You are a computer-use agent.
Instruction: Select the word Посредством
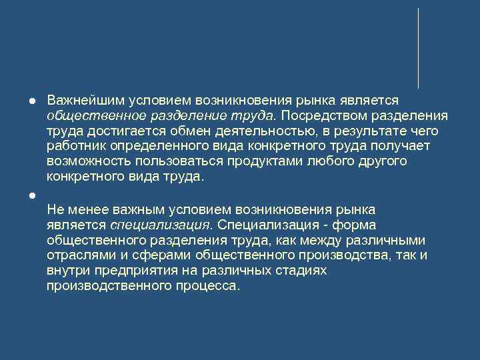coord(322,115)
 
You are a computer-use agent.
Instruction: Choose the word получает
coord(405,146)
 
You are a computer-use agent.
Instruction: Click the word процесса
coord(209,286)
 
